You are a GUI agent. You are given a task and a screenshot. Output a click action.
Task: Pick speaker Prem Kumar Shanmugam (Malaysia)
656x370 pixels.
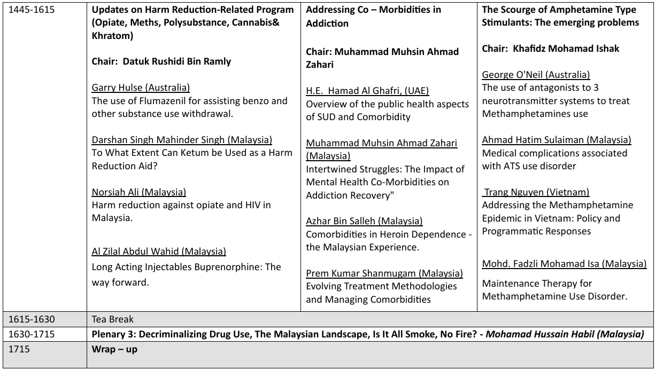point(384,273)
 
